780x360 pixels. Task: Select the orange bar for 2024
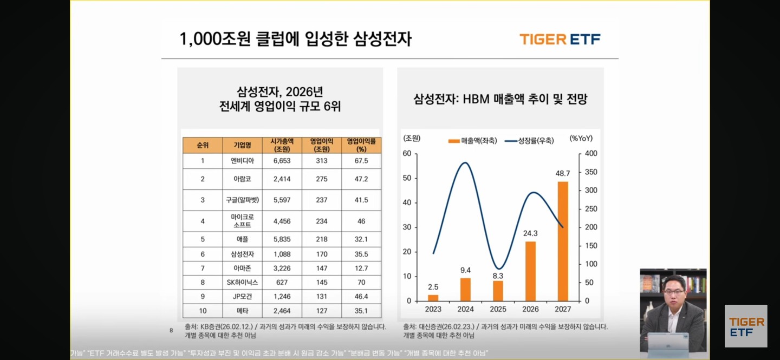pyautogui.click(x=465, y=289)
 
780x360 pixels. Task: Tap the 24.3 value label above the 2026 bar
pyautogui.click(x=530, y=233)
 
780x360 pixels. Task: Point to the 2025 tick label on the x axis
pyautogui.click(x=498, y=309)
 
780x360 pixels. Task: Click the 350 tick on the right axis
pyautogui.click(x=590, y=172)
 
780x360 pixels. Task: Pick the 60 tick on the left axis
pyautogui.click(x=406, y=154)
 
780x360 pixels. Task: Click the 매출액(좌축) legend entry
pyautogui.click(x=473, y=141)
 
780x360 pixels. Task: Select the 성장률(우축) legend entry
pyautogui.click(x=530, y=141)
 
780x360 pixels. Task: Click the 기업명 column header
pyautogui.click(x=242, y=145)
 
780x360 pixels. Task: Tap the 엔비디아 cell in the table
pyautogui.click(x=242, y=161)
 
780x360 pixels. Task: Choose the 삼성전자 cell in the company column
pyautogui.click(x=242, y=254)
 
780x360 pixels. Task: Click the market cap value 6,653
pyautogui.click(x=282, y=161)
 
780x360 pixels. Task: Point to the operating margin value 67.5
pyautogui.click(x=361, y=161)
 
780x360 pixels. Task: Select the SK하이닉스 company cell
pyautogui.click(x=242, y=282)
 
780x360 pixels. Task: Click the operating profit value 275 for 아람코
pyautogui.click(x=322, y=179)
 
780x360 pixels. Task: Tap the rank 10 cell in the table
pyautogui.click(x=203, y=311)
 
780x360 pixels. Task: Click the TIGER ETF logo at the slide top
pyautogui.click(x=560, y=39)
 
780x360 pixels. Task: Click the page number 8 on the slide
pyautogui.click(x=171, y=330)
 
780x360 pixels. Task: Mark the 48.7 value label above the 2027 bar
pyautogui.click(x=563, y=173)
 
